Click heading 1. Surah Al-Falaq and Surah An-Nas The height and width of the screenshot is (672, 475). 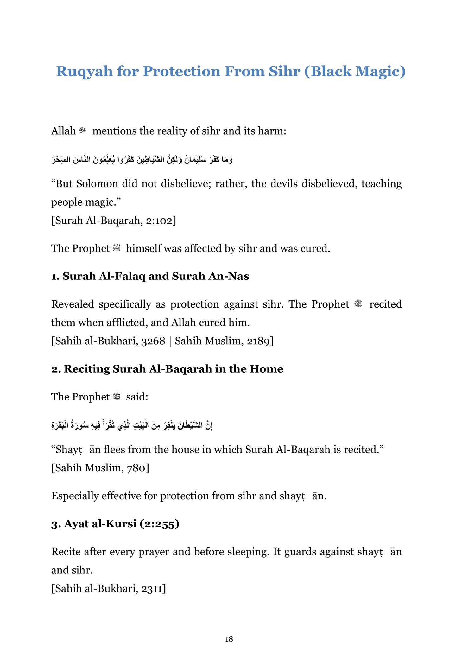[x=150, y=276]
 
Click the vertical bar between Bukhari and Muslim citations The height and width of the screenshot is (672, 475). [x=170, y=341]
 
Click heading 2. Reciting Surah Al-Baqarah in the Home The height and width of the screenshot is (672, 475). [x=167, y=369]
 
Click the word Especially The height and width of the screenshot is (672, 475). [x=75, y=496]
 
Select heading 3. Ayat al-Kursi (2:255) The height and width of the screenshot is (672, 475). [x=115, y=524]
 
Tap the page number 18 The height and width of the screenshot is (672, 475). [x=229, y=639]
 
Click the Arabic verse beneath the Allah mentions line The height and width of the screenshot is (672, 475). [x=142, y=159]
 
